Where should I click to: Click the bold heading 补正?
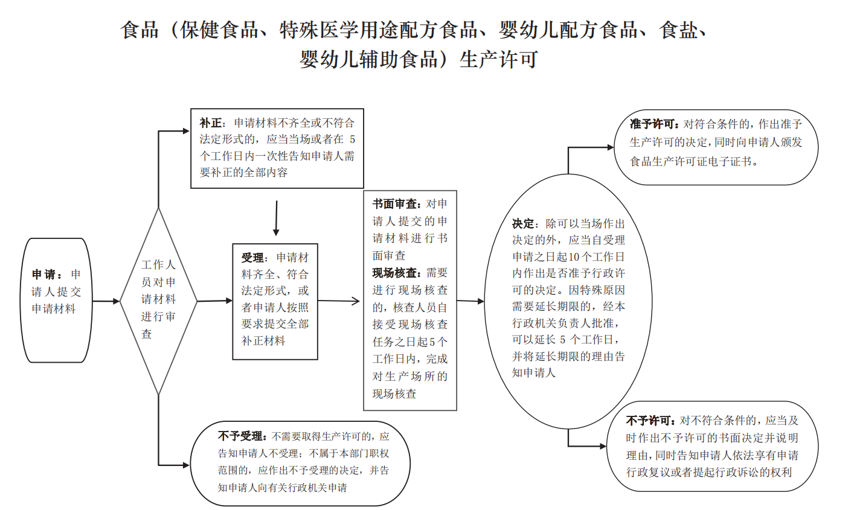210,123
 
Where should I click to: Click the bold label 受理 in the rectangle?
252,258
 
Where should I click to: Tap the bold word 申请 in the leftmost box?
43,274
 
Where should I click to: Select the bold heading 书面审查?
395,204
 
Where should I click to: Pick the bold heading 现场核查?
395,273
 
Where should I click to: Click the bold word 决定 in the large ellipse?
523,223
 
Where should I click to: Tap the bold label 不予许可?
649,420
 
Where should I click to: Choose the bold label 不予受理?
241,436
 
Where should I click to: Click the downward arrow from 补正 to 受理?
277,218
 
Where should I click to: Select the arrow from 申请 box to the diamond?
106,302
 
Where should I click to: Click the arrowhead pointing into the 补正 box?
186,132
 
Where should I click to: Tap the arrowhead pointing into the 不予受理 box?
186,465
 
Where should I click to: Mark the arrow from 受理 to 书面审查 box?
338,301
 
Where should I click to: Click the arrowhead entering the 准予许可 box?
610,147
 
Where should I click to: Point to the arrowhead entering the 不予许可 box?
603,447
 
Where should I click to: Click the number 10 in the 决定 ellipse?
574,257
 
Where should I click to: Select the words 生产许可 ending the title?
498,59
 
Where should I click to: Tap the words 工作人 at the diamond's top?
158,264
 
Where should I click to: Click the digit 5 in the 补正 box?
353,139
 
